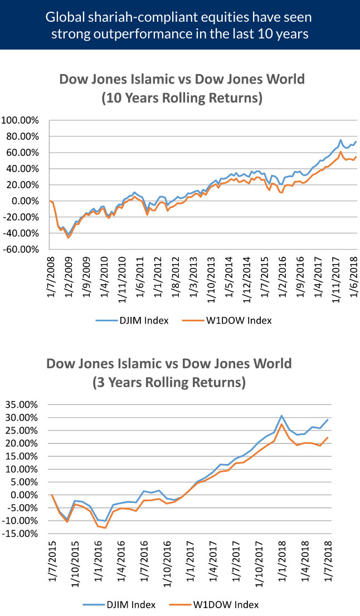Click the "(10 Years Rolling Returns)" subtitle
(182, 99)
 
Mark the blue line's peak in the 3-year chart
(282, 415)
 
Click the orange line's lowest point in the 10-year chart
(69, 237)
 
